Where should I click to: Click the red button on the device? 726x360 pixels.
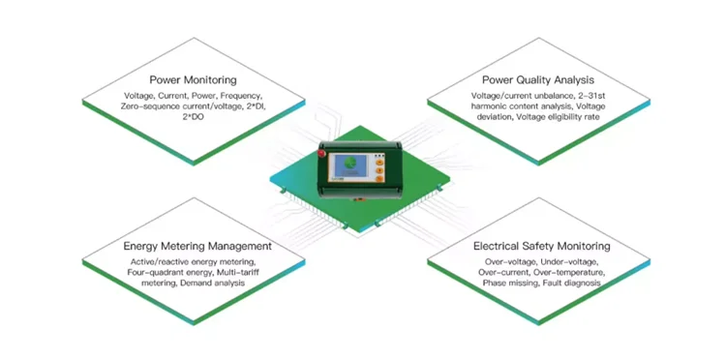pyautogui.click(x=326, y=154)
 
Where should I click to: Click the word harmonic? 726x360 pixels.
pyautogui.click(x=491, y=106)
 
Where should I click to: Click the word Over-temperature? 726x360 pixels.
pyautogui.click(x=571, y=273)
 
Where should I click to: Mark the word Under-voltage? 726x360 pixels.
pyautogui.click(x=572, y=263)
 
